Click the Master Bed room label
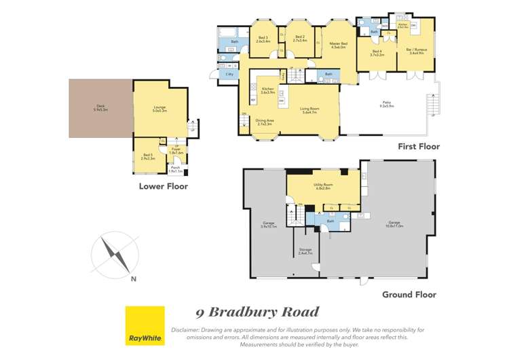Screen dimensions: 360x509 [338, 46]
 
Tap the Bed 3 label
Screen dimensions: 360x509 [263, 39]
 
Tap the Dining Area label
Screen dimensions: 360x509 [264, 122]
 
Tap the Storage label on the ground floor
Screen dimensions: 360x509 [305, 251]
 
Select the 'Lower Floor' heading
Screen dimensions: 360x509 [163, 186]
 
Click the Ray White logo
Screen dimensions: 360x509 [145, 326]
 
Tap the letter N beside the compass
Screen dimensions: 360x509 [134, 278]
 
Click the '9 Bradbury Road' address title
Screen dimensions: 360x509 [257, 312]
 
